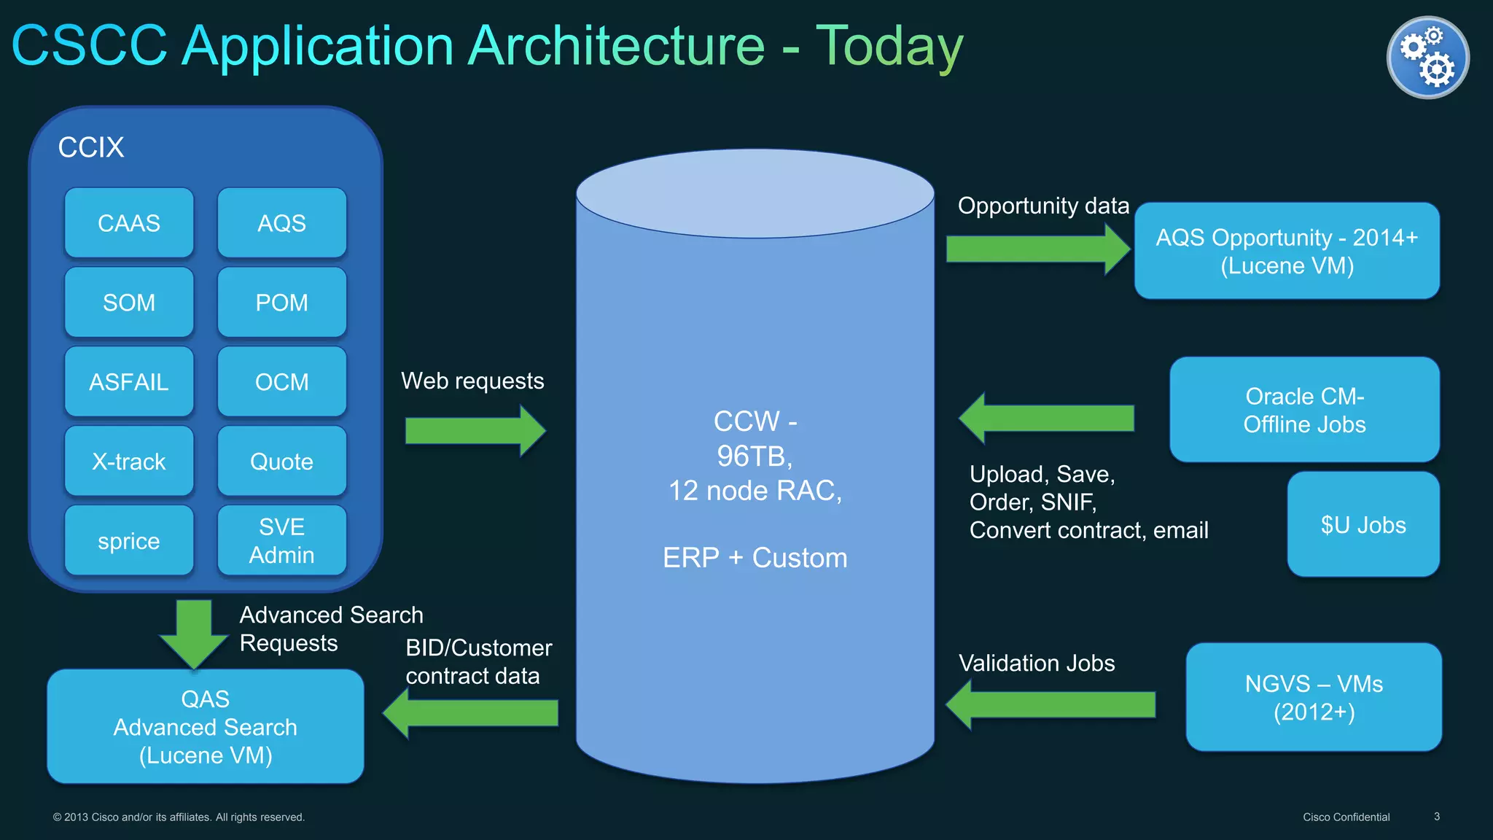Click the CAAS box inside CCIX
tap(129, 223)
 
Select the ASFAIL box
tap(129, 382)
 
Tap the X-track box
tap(129, 462)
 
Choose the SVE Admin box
tap(281, 540)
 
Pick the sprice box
tap(129, 540)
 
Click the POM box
tap(281, 303)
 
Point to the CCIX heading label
tap(91, 147)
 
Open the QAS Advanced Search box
tap(206, 727)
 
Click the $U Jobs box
tap(1363, 525)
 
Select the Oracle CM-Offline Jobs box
tap(1304, 410)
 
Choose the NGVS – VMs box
tap(1314, 697)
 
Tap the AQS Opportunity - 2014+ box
tap(1287, 251)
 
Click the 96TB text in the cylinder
tap(755, 456)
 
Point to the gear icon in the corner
tap(1427, 58)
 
